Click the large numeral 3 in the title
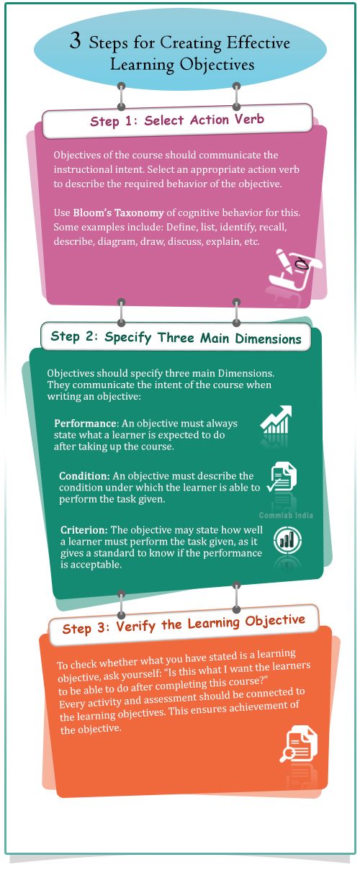(76, 40)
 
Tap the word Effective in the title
(258, 42)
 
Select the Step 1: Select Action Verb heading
(177, 120)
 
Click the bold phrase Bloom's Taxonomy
(118, 213)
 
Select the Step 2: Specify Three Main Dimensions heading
(176, 338)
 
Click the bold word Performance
(86, 423)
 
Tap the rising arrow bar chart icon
(276, 419)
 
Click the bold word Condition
(84, 476)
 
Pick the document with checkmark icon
(282, 477)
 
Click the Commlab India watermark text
(286, 516)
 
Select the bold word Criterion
(84, 530)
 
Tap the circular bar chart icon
(287, 540)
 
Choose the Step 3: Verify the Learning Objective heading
(184, 624)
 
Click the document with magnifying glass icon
(299, 744)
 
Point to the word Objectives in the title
(217, 65)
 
